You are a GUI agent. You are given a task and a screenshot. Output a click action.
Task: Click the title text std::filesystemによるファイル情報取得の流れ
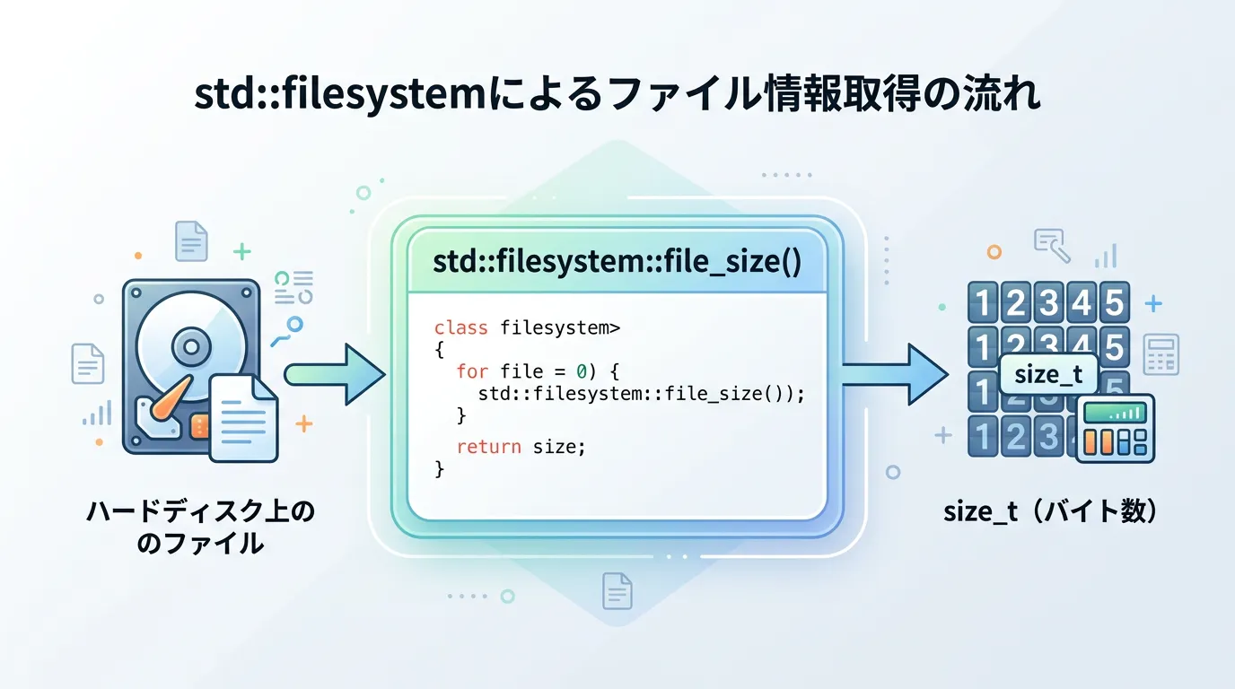(617, 96)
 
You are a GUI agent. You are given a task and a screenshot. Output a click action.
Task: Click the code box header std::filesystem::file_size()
(617, 262)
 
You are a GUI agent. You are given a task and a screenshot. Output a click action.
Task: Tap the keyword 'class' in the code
(460, 328)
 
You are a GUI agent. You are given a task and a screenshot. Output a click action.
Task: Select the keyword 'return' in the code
(488, 446)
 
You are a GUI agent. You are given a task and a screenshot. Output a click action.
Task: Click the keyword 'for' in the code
(472, 371)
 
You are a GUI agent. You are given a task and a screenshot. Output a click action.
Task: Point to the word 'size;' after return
(558, 446)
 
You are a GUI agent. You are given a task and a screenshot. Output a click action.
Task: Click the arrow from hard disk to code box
(334, 373)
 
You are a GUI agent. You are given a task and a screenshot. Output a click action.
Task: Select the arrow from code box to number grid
(893, 373)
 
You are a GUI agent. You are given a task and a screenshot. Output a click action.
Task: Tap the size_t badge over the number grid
(1048, 374)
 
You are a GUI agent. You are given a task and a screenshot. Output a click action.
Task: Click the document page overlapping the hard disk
(243, 417)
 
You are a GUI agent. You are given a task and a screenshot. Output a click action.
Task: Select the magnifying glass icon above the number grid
(1051, 245)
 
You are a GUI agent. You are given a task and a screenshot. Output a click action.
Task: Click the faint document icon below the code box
(617, 591)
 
